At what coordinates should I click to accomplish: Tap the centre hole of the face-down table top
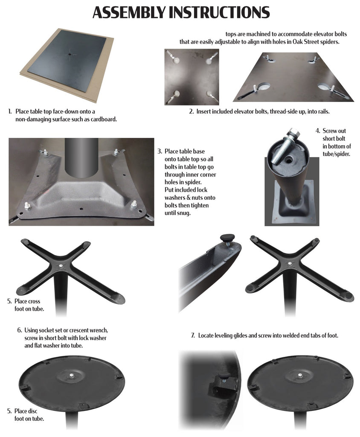coord(70,54)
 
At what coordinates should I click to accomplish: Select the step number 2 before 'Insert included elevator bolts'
coord(191,111)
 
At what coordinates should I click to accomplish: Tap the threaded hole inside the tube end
coord(288,160)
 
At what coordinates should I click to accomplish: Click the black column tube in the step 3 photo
coord(81,157)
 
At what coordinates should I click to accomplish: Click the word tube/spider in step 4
coord(336,154)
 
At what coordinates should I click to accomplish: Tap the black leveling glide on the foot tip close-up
coord(227,238)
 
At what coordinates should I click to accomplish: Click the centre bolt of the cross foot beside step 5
coord(61,265)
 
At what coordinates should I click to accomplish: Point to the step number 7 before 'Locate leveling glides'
coord(193,335)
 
